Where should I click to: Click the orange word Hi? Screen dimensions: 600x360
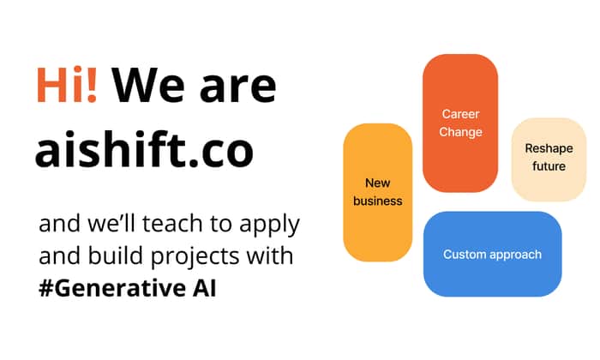pyautogui.click(x=67, y=85)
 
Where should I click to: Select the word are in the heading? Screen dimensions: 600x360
pyautogui.click(x=238, y=89)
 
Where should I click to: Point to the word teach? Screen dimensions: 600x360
pyautogui.click(x=171, y=223)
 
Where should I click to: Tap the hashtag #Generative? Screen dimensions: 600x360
pyautogui.click(x=111, y=288)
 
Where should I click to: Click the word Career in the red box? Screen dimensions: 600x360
pyautogui.click(x=460, y=114)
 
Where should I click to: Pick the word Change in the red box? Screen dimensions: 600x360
pyautogui.click(x=460, y=132)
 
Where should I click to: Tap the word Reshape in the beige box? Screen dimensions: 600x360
pyautogui.click(x=549, y=148)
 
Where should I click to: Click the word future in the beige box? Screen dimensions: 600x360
pyautogui.click(x=549, y=166)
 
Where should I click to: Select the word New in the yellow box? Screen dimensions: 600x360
pyautogui.click(x=377, y=183)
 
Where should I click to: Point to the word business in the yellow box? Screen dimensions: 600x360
pyautogui.click(x=377, y=201)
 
